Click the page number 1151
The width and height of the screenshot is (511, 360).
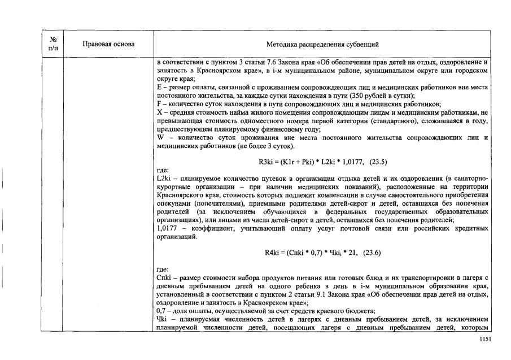point(485,339)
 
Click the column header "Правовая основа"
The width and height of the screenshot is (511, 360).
point(108,44)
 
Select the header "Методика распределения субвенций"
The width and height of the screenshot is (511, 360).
point(322,44)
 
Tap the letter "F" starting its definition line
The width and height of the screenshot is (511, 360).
point(159,104)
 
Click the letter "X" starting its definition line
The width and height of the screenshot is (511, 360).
point(159,112)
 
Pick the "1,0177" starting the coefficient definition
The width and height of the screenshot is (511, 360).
point(167,228)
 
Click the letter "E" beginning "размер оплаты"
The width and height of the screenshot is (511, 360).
point(159,87)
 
